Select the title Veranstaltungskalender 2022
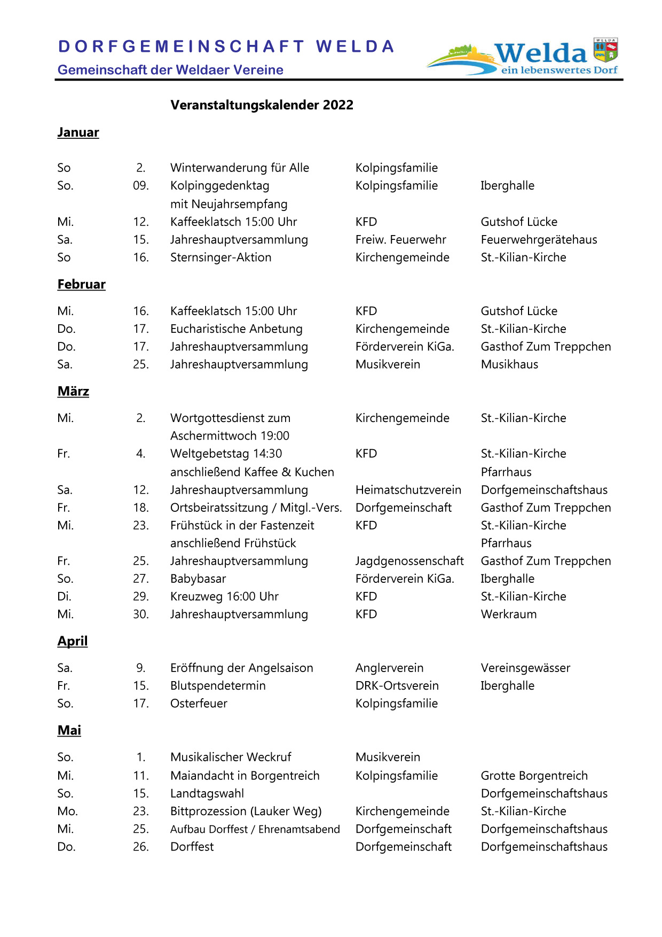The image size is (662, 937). (x=262, y=105)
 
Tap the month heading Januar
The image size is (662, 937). (x=78, y=132)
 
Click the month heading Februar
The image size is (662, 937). (x=81, y=284)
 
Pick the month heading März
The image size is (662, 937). (x=73, y=392)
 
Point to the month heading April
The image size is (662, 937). (x=72, y=641)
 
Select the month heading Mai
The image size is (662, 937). (x=69, y=730)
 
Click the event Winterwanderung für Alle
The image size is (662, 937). (x=240, y=168)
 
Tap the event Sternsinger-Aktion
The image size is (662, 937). (x=220, y=257)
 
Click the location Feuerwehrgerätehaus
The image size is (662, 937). (x=539, y=240)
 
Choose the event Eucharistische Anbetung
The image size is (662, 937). (x=236, y=329)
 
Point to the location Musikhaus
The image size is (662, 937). (x=509, y=364)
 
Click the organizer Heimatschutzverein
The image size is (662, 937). (x=408, y=490)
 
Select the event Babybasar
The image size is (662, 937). (x=198, y=579)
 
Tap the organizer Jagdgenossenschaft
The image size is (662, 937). (x=409, y=561)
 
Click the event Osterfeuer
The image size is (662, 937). (x=199, y=704)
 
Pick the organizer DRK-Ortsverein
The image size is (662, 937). (x=397, y=686)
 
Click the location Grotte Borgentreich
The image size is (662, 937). (x=534, y=776)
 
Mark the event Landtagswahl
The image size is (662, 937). (x=207, y=793)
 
